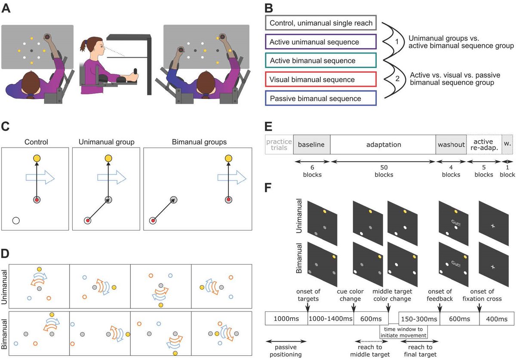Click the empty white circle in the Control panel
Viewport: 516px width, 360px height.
16,221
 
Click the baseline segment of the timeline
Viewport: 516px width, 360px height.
311,145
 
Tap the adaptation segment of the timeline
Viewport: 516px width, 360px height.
383,145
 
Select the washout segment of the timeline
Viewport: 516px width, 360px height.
451,145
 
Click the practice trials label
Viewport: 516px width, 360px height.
279,145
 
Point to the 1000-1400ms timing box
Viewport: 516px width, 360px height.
331,319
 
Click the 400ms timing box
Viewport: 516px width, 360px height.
496,319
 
